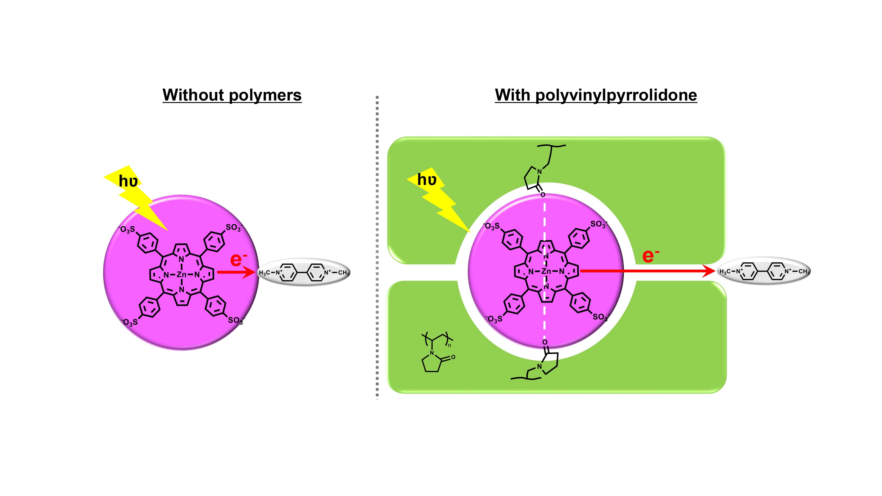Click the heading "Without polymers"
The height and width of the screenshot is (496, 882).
[232, 95]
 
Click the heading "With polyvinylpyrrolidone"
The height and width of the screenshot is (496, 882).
[596, 95]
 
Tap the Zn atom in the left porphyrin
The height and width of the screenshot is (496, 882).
[181, 274]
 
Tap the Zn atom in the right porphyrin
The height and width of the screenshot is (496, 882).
[546, 271]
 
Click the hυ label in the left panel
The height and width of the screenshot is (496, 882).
[128, 181]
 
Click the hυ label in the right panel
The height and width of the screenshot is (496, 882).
[427, 179]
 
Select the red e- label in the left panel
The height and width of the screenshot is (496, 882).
[238, 259]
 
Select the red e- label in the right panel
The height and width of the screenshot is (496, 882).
[650, 256]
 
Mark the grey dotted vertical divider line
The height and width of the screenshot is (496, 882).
[377, 246]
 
